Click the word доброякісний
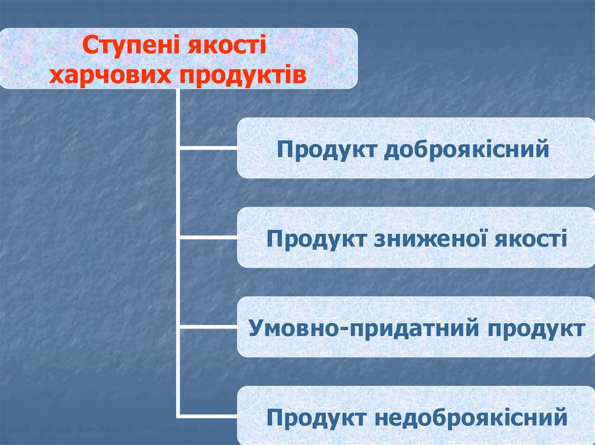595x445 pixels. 467,149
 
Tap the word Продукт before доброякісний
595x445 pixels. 325,149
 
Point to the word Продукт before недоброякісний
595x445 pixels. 316,418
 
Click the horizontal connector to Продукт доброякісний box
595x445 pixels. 208,149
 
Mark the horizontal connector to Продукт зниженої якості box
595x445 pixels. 208,238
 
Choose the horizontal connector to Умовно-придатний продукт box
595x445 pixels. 208,327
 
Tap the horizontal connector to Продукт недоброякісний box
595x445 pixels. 208,416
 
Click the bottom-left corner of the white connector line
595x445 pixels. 178,416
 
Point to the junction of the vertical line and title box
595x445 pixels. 178,89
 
